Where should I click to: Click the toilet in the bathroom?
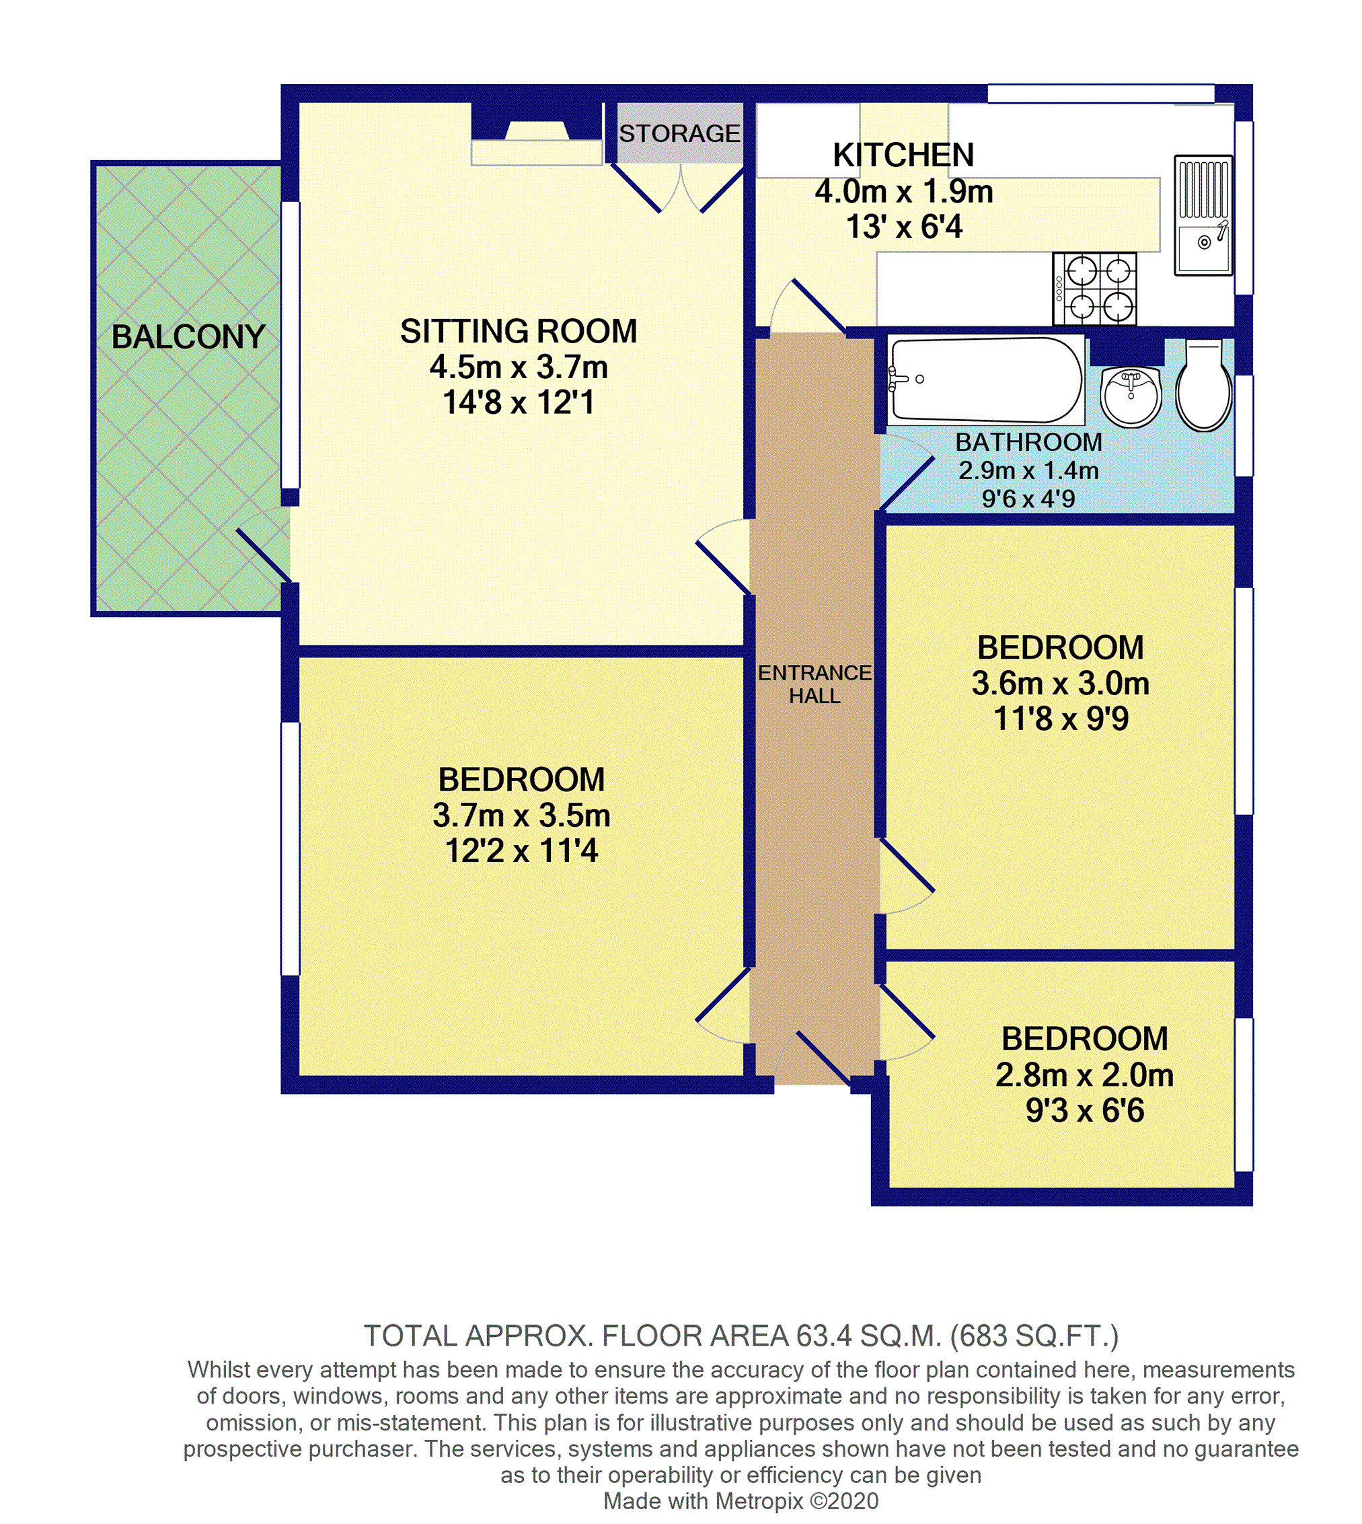click(1203, 386)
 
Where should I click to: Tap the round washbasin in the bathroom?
click(1130, 397)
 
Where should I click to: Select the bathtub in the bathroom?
click(985, 379)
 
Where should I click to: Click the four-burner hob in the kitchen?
click(1095, 289)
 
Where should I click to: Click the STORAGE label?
click(679, 134)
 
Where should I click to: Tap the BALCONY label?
click(188, 337)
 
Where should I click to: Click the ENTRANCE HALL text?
click(815, 684)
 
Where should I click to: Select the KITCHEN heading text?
click(903, 155)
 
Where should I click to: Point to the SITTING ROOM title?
click(519, 331)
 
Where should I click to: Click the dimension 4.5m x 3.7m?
click(519, 367)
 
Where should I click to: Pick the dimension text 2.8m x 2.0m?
click(1084, 1075)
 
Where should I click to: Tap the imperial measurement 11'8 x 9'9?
click(1061, 719)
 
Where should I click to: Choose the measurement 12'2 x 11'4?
click(522, 850)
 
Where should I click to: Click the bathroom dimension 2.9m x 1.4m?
click(1028, 470)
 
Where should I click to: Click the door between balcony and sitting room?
click(264, 544)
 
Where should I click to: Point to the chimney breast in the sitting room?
click(537, 121)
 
